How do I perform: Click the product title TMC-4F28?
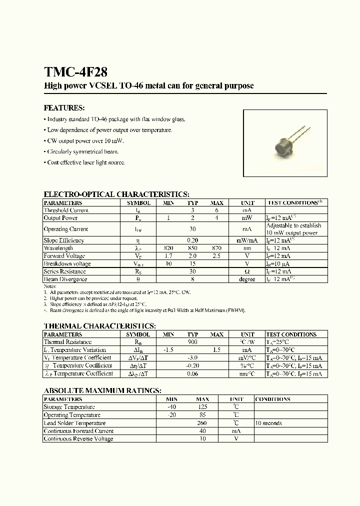click(x=75, y=72)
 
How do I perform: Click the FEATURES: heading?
click(x=64, y=108)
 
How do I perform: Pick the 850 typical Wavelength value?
click(x=192, y=248)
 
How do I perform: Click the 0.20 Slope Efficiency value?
click(x=192, y=240)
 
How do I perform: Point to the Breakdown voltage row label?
click(x=67, y=263)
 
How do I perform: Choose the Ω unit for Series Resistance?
click(x=247, y=271)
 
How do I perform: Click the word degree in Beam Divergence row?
click(x=247, y=279)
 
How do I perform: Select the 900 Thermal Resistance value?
click(x=192, y=342)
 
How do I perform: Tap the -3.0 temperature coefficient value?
click(x=192, y=358)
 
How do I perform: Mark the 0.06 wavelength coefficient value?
click(x=192, y=374)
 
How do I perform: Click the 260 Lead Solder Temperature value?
click(x=202, y=423)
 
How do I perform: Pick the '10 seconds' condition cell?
click(x=268, y=423)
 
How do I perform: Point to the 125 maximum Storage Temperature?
click(x=202, y=407)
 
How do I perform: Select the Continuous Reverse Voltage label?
click(x=78, y=439)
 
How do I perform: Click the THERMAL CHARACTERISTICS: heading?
click(x=99, y=326)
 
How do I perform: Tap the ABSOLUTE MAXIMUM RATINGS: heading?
click(x=102, y=390)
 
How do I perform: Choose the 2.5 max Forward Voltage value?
click(x=216, y=256)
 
